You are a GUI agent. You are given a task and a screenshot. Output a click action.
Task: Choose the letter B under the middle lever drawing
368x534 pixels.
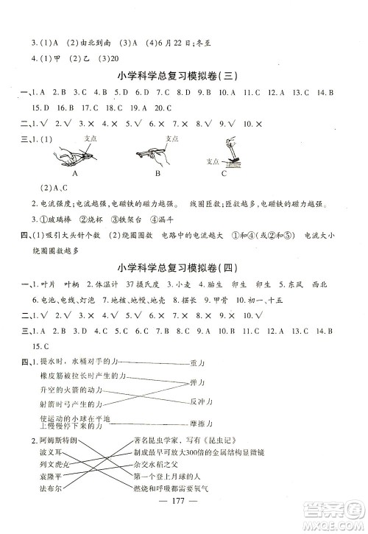tap(158, 174)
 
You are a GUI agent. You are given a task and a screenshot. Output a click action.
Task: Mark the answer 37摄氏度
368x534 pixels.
tap(138, 284)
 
